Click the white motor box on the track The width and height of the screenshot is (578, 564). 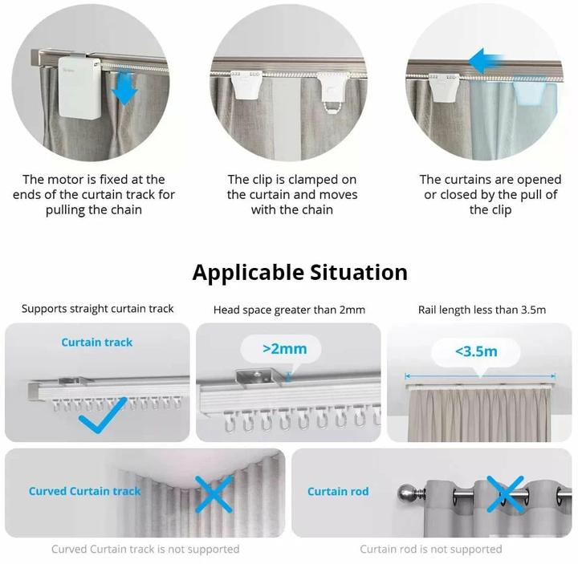pos(79,87)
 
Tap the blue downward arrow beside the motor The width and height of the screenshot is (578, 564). pos(124,87)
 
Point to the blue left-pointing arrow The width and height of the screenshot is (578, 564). pos(486,61)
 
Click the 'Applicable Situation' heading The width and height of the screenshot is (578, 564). pos(299,273)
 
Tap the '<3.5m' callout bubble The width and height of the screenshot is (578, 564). pos(476,352)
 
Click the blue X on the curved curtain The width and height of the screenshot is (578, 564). pos(214,494)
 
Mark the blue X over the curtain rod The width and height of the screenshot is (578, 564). pos(506,494)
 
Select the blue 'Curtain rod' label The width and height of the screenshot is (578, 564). pos(338,492)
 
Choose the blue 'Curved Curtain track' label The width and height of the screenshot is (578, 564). pos(85,491)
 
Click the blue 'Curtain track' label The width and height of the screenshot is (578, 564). pos(96,343)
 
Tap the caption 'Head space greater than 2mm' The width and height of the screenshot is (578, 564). pos(289,310)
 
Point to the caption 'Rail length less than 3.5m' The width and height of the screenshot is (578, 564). pos(482,310)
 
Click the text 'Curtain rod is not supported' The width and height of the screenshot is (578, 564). pos(431,550)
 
